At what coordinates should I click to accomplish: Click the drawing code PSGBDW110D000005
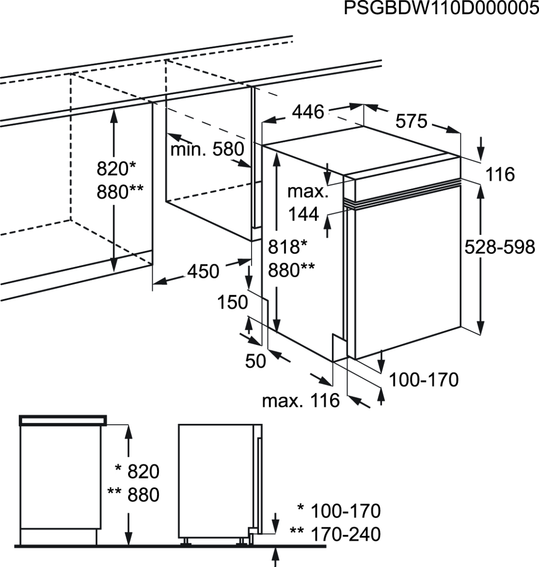441,9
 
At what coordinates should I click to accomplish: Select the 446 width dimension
308,112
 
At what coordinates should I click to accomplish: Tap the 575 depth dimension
411,121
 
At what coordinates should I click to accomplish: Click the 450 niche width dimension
203,272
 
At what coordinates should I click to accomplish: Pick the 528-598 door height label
499,247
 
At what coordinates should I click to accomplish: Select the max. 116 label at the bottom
301,401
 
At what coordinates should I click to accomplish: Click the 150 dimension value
233,302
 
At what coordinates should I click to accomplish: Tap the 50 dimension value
255,361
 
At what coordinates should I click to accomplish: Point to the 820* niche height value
116,168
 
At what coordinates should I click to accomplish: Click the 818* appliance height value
287,247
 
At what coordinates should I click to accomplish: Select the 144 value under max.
304,215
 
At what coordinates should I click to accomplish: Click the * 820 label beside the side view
137,471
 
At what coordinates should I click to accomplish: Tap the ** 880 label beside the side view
133,495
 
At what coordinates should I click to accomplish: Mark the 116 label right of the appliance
500,174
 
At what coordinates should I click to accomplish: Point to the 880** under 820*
120,192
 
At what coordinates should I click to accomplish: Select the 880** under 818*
291,270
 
